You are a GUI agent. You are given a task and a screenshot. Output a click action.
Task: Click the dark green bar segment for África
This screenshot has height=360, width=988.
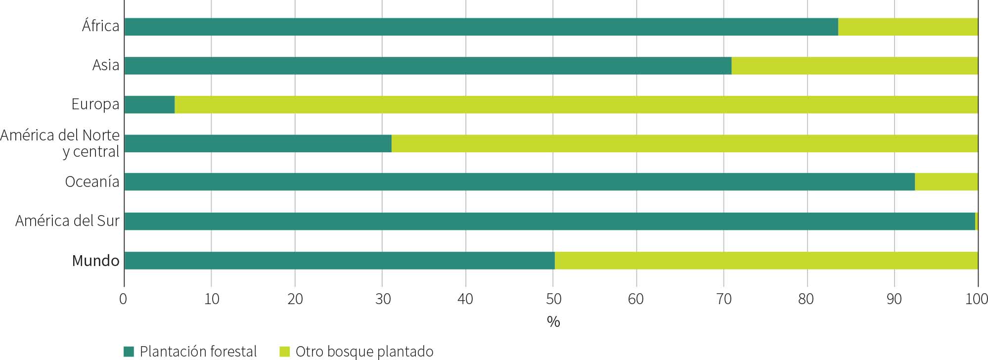481,27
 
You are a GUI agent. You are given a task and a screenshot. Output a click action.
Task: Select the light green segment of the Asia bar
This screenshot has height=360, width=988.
854,66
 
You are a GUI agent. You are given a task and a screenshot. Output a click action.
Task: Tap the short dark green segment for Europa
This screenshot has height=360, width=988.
149,105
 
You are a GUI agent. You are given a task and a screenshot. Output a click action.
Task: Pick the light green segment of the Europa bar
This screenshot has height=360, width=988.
576,105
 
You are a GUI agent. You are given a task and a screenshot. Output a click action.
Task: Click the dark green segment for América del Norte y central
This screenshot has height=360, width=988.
258,143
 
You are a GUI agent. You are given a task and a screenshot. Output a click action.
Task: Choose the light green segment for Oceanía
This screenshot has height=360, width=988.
946,182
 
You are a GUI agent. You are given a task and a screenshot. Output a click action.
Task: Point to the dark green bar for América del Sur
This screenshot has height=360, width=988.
549,221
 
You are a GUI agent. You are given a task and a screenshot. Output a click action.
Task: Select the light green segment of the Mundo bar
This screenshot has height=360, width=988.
766,260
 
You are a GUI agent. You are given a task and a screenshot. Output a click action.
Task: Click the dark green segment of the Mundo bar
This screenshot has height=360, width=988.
339,260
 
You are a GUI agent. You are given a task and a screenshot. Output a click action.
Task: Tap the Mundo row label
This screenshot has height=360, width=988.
95,261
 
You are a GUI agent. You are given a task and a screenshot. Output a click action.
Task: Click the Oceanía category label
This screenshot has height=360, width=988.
92,182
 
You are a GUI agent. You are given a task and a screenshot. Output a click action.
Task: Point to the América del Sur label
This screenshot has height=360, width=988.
67,221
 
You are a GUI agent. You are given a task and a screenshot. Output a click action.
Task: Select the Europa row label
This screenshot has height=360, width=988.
95,104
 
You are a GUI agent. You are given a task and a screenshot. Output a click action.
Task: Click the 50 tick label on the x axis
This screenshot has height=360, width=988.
553,299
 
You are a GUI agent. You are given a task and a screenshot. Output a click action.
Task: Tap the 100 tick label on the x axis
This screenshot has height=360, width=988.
977,299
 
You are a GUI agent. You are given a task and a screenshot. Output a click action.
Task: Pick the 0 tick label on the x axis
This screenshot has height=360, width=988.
123,299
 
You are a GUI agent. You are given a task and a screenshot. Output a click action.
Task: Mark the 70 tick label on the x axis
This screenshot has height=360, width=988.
723,299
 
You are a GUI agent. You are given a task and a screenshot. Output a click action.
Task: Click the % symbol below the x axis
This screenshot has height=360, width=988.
553,322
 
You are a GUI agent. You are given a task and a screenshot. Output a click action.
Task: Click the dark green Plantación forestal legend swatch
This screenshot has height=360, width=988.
129,352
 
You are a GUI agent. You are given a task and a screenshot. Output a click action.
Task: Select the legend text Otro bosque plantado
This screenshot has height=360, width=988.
364,352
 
